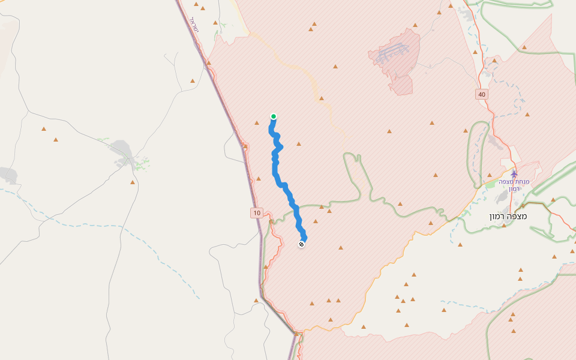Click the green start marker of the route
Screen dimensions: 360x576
pyautogui.click(x=274, y=116)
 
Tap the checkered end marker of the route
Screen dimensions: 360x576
pyautogui.click(x=301, y=244)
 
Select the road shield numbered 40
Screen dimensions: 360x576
pyautogui.click(x=482, y=94)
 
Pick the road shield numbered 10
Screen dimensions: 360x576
pyautogui.click(x=257, y=212)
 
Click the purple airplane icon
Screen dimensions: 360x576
pyautogui.click(x=514, y=174)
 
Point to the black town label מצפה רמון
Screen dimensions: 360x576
pyautogui.click(x=507, y=216)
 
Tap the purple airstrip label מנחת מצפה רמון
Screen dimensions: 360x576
pyautogui.click(x=513, y=185)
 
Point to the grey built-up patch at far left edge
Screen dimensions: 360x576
pyautogui.click(x=7, y=175)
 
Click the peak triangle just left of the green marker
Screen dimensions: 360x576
pyautogui.click(x=257, y=123)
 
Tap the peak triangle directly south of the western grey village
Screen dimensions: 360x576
pyautogui.click(x=133, y=182)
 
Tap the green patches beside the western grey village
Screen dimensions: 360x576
pyautogui.click(x=142, y=162)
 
